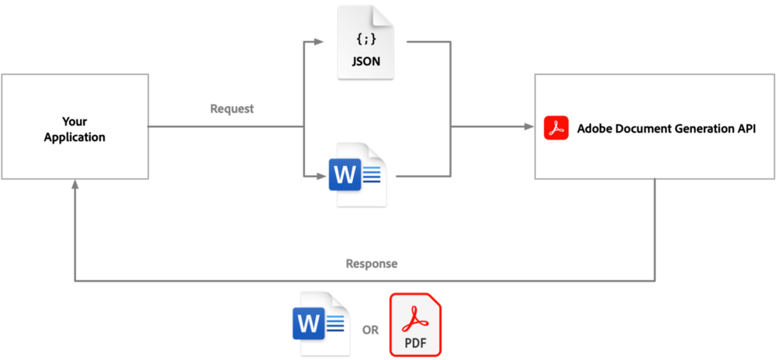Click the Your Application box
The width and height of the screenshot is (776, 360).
tap(74, 126)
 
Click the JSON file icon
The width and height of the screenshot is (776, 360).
tap(365, 42)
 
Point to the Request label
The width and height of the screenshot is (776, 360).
tap(232, 109)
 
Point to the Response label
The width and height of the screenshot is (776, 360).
tap(372, 264)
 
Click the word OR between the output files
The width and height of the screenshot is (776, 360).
tap(370, 330)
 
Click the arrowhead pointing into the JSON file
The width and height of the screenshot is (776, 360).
tap(321, 40)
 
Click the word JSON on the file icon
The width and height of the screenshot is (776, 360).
tap(365, 61)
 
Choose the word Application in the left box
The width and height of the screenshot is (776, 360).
tap(74, 137)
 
